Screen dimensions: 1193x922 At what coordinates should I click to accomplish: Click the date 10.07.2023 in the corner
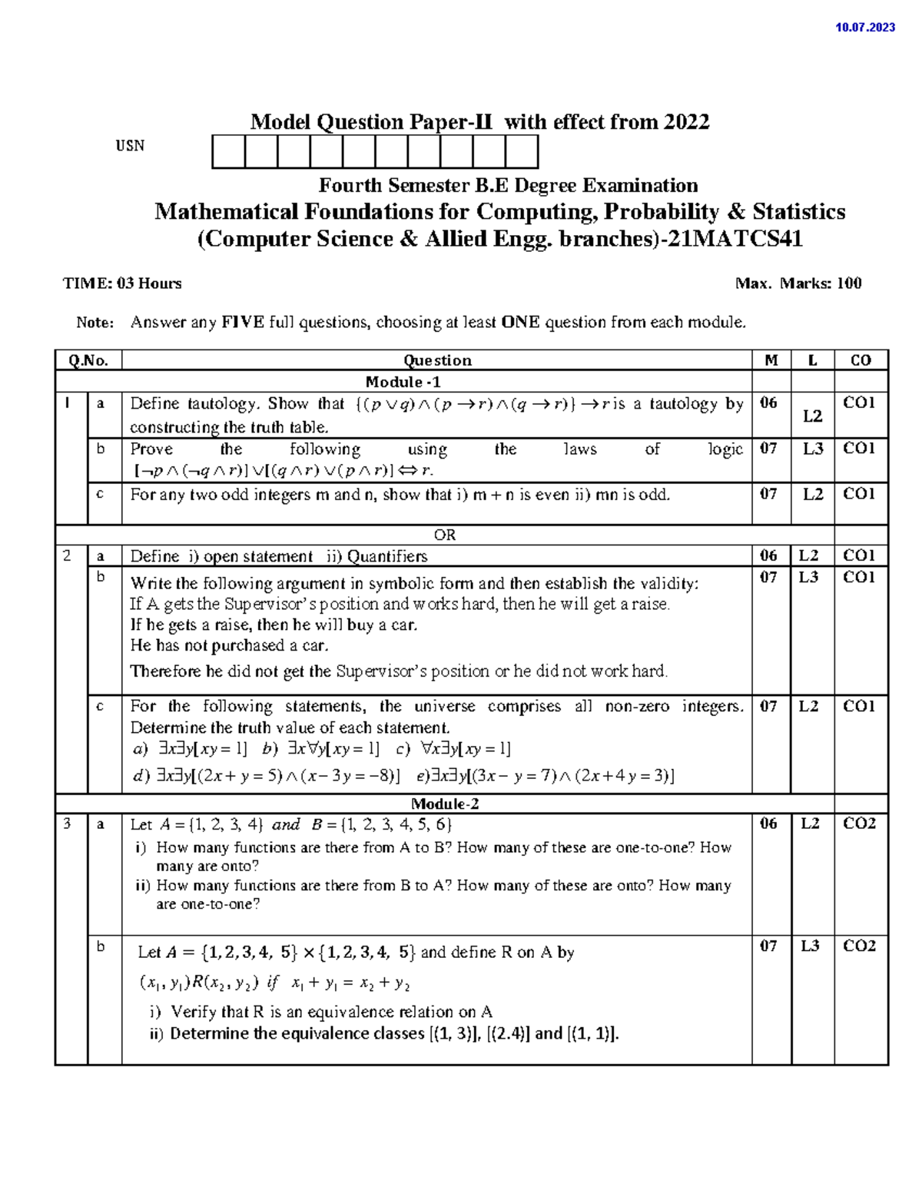click(x=864, y=28)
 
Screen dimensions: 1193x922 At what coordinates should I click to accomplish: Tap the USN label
click(x=130, y=146)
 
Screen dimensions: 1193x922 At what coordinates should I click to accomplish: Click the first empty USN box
click(x=228, y=151)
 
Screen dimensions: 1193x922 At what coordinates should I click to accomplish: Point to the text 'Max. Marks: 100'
click(x=798, y=283)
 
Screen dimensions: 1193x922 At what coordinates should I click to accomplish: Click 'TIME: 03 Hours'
click(x=122, y=283)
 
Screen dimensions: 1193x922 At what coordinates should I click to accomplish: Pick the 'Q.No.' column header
click(x=88, y=360)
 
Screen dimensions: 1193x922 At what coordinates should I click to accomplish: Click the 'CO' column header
click(x=861, y=360)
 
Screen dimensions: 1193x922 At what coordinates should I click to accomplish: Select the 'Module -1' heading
click(x=403, y=382)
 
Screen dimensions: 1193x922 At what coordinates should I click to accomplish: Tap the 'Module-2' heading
click(x=445, y=804)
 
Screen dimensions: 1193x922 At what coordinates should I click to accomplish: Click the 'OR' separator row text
click(x=445, y=535)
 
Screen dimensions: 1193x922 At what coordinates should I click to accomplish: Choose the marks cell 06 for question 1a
click(x=768, y=403)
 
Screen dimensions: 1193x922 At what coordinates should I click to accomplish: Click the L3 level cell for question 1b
click(x=813, y=449)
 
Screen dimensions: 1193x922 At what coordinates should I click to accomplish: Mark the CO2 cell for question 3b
click(x=859, y=946)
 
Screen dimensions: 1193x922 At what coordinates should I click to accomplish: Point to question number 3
click(x=68, y=824)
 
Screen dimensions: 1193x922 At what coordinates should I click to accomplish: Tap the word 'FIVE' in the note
click(x=243, y=322)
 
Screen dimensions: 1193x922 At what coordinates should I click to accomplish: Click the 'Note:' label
click(x=95, y=323)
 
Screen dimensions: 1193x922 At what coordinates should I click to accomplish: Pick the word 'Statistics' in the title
click(x=799, y=212)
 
